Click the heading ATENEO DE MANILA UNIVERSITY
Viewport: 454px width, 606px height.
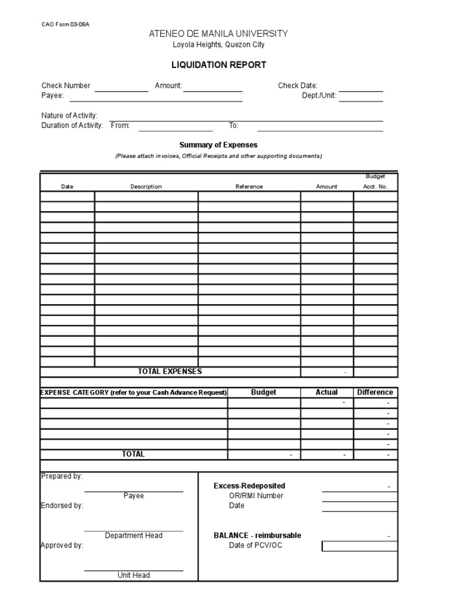pos(219,34)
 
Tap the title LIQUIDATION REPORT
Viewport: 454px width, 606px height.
pos(219,65)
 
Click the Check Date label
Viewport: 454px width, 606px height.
pos(298,86)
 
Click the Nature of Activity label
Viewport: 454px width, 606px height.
pos(70,115)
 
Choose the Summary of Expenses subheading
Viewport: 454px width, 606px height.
pos(219,145)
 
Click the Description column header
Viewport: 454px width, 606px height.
pos(146,186)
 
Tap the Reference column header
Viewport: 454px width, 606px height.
pos(249,186)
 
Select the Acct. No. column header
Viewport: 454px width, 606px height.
pos(375,186)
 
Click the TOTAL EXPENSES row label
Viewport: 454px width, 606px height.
pos(170,372)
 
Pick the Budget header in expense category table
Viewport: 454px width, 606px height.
pos(264,392)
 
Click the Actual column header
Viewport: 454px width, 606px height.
pos(327,392)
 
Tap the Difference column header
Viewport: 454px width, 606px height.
pos(375,392)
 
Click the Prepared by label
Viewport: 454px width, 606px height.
pos(61,476)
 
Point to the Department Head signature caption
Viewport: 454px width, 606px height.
pos(134,536)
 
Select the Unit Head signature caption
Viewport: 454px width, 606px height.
pos(134,575)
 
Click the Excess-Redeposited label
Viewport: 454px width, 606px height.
pos(249,486)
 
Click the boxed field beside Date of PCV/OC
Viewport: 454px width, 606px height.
pos(359,546)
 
